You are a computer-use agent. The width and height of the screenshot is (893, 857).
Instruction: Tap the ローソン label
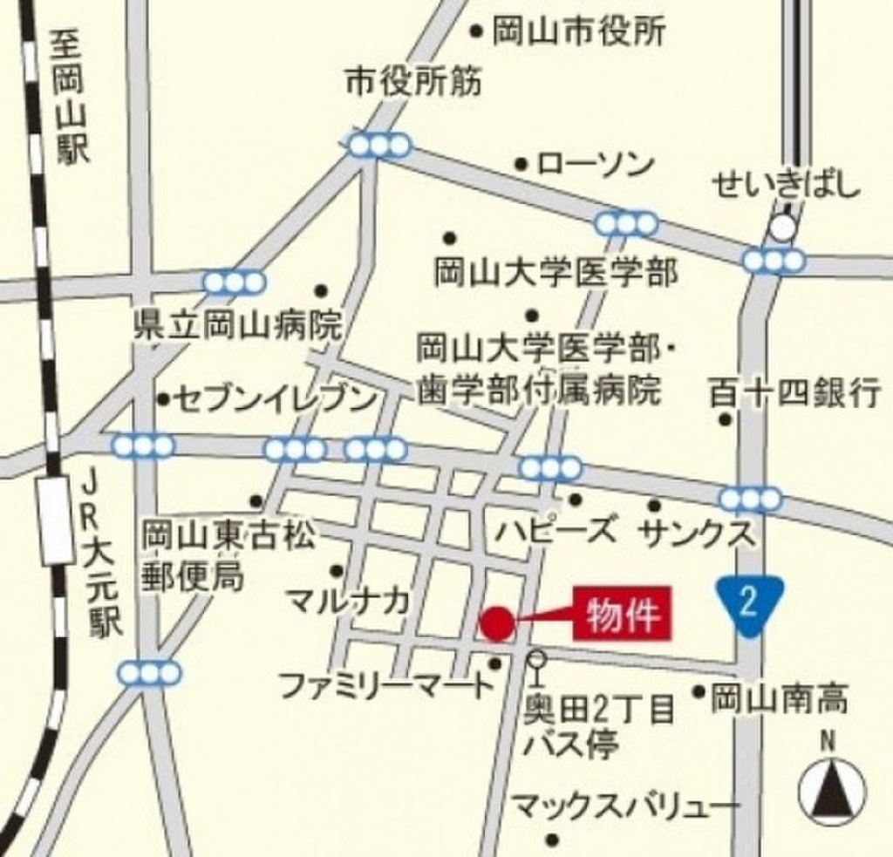pos(583,164)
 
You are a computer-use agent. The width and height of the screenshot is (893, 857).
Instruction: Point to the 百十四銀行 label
pos(794,393)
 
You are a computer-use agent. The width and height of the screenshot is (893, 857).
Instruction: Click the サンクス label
pos(698,533)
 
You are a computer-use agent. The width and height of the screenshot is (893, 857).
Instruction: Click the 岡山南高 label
pos(779,697)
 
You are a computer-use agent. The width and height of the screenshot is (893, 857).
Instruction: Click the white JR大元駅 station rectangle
pos(57,521)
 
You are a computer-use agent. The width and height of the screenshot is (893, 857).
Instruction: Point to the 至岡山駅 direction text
pos(70,96)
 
